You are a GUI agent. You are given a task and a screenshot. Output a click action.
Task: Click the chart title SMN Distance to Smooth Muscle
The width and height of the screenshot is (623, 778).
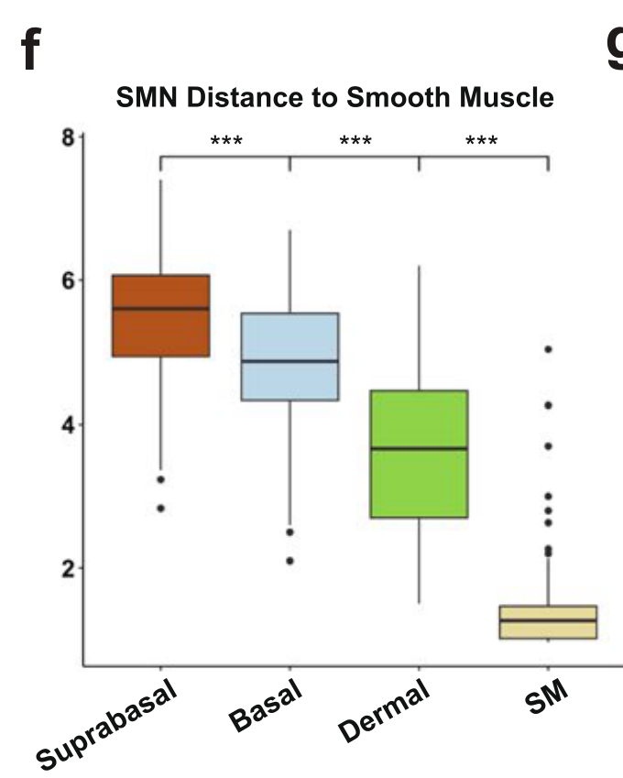(335, 99)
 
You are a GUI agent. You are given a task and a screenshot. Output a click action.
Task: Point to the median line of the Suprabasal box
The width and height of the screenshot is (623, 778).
(160, 309)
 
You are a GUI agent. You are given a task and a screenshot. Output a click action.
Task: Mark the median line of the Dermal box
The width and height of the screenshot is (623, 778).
(419, 448)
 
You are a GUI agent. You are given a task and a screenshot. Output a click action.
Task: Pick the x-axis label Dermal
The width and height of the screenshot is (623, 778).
(385, 711)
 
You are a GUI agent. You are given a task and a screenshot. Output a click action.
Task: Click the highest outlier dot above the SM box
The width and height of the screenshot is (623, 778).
(548, 349)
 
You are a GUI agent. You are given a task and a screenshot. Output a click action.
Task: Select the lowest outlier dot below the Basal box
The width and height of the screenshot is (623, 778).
(290, 561)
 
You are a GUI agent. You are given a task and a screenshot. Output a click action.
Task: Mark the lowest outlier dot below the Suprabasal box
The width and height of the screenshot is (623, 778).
(160, 508)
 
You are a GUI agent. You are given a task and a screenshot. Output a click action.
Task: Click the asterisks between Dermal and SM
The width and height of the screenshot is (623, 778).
(482, 141)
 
